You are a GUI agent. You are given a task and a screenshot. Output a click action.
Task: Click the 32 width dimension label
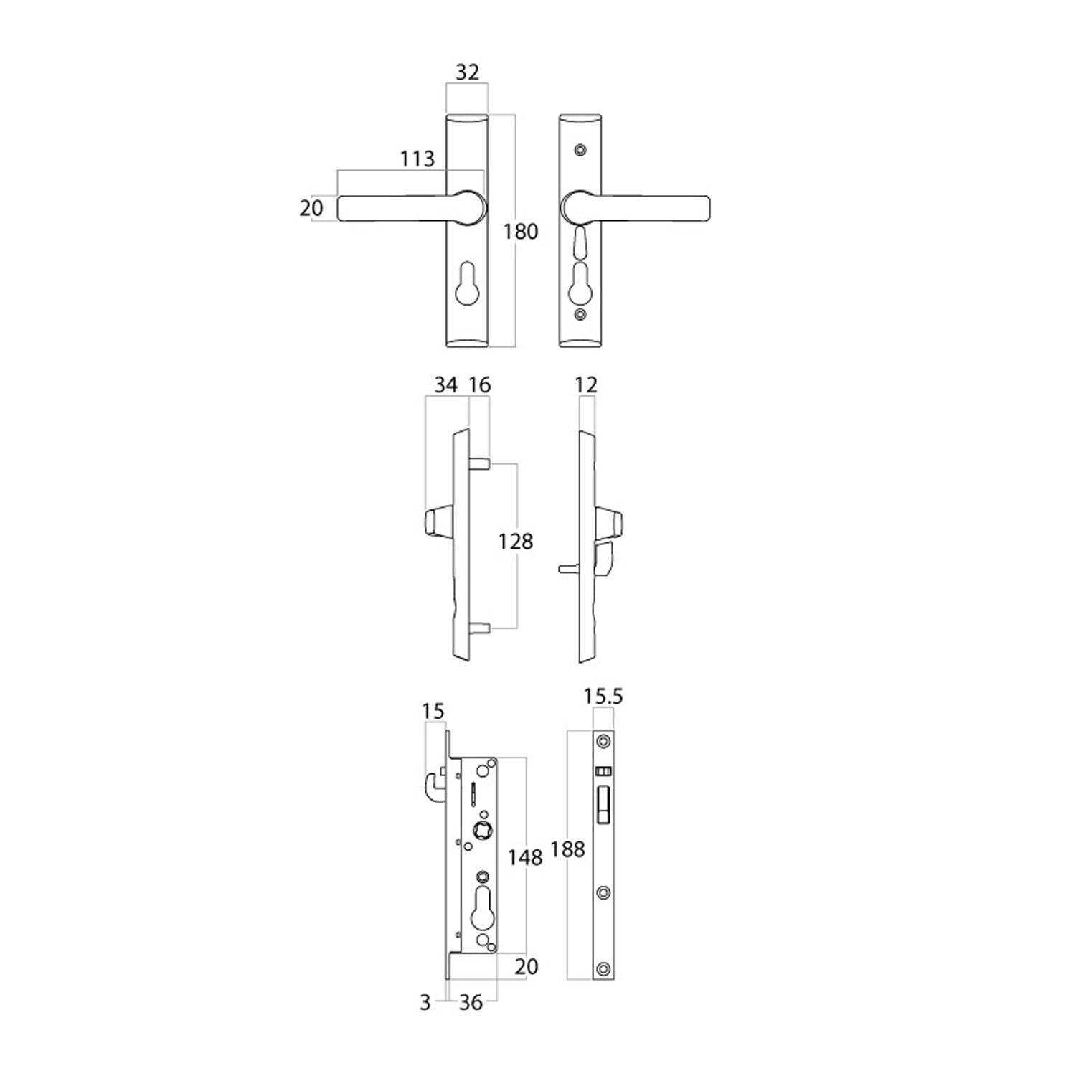(x=467, y=72)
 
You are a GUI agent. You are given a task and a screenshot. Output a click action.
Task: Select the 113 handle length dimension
(x=417, y=158)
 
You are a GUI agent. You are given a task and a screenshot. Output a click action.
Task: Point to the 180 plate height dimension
(x=521, y=232)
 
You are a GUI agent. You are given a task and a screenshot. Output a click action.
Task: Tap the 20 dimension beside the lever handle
(x=312, y=208)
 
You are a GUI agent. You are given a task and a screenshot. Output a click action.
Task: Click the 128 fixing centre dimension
(x=516, y=541)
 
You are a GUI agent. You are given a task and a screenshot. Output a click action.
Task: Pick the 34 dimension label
(x=445, y=385)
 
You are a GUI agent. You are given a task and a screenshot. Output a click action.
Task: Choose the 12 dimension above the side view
(x=586, y=385)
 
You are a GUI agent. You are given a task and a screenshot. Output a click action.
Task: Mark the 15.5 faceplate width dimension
(x=603, y=697)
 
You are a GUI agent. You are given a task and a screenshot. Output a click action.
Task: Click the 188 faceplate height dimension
(x=568, y=849)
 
